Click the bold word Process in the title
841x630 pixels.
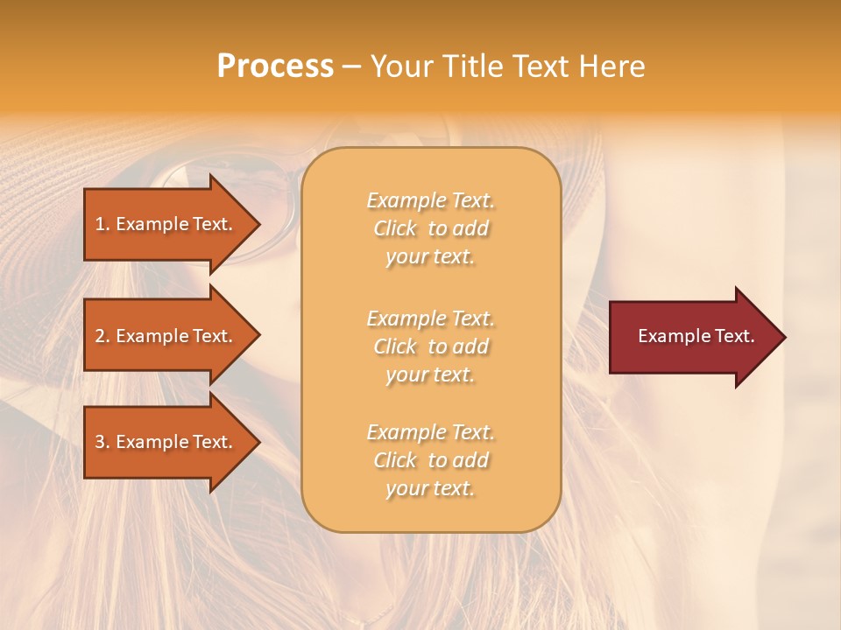275,66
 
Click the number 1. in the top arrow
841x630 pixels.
102,224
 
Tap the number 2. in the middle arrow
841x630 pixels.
102,336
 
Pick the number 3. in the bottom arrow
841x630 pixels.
102,442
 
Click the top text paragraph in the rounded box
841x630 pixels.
430,228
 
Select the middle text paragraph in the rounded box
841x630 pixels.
430,346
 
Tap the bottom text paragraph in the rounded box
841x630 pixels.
430,460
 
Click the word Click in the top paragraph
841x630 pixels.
395,228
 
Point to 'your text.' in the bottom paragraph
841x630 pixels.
430,488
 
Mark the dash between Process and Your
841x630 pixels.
351,66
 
